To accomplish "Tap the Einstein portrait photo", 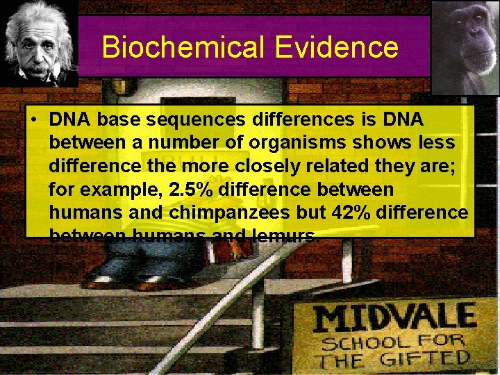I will click(x=39, y=43).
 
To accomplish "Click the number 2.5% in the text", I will click(x=190, y=190).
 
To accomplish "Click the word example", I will click(x=122, y=190).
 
